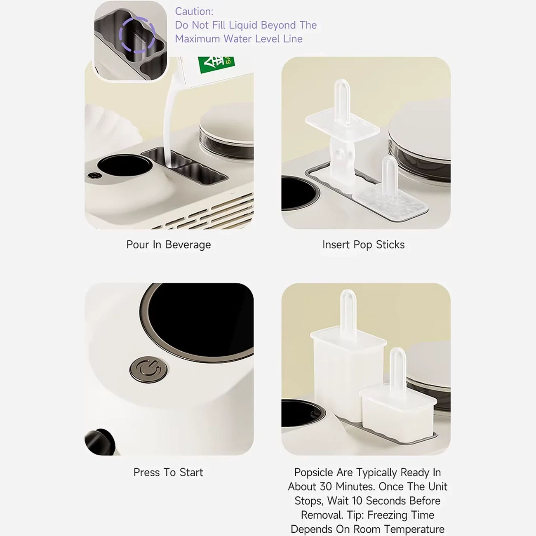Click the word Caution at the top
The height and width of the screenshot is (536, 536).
tap(194, 12)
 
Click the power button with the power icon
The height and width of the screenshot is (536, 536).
tap(148, 370)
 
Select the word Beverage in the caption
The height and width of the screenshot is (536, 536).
tap(188, 245)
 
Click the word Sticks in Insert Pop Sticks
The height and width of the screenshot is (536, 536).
tap(390, 244)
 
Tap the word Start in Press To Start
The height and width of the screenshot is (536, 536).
tap(191, 473)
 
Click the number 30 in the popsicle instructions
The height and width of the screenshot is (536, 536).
tap(326, 487)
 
